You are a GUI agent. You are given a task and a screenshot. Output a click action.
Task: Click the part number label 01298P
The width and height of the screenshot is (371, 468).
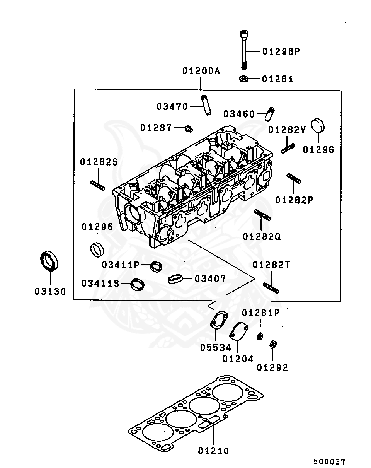click(x=281, y=51)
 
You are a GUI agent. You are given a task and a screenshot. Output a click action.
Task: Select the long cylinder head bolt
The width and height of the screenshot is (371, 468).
click(x=244, y=50)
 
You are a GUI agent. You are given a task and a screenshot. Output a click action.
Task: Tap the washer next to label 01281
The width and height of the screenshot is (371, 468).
click(x=244, y=79)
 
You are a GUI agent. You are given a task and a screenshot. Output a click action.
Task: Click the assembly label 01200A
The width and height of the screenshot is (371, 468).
click(x=201, y=71)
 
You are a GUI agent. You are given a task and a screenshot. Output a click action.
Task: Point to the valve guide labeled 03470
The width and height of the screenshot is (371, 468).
click(x=206, y=105)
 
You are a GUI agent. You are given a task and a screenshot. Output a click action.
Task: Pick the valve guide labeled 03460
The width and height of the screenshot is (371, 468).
click(x=269, y=114)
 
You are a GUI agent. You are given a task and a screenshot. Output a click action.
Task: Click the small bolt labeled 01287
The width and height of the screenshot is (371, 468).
click(x=189, y=129)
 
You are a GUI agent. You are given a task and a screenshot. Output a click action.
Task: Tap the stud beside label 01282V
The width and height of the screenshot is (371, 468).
click(x=288, y=149)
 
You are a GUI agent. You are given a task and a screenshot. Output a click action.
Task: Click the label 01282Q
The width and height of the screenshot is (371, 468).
click(x=262, y=236)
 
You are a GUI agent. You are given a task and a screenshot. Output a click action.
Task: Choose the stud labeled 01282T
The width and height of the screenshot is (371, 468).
click(x=271, y=288)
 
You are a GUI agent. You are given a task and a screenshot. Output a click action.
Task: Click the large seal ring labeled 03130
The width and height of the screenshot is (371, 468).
click(x=49, y=261)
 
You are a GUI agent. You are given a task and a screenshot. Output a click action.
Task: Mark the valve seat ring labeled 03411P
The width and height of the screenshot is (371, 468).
click(x=157, y=266)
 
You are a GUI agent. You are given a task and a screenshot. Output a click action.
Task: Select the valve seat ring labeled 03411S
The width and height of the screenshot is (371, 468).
click(x=138, y=284)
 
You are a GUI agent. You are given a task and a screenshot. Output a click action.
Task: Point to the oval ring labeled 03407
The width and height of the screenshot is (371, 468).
click(x=175, y=279)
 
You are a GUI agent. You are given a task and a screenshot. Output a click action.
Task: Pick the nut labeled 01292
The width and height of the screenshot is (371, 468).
click(x=273, y=344)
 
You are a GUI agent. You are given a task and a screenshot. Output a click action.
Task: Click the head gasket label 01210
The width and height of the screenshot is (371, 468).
click(x=213, y=451)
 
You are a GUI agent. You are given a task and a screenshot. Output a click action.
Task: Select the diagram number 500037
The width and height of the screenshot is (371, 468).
click(x=329, y=461)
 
